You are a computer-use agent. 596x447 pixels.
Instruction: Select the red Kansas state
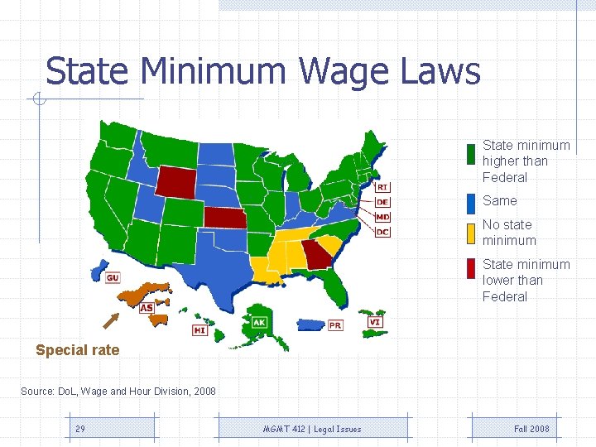225,217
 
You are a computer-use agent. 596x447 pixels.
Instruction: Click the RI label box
382,187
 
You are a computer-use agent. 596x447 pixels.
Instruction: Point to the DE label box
382,202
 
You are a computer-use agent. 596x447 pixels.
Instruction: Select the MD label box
382,217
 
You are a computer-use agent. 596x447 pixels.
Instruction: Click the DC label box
382,232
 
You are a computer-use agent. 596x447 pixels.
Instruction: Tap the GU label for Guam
113,278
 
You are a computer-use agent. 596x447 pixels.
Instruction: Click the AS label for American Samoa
146,308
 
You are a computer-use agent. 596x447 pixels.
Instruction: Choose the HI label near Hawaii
199,329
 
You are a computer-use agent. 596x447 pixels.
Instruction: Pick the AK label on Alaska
259,322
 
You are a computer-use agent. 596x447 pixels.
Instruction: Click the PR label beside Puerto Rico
334,325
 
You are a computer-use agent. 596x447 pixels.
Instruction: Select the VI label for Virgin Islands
376,321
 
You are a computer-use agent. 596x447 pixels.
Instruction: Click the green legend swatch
470,154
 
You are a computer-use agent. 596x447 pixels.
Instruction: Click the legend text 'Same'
499,201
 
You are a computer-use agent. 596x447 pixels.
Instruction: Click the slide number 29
80,429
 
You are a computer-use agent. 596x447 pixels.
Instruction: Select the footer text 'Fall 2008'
531,429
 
